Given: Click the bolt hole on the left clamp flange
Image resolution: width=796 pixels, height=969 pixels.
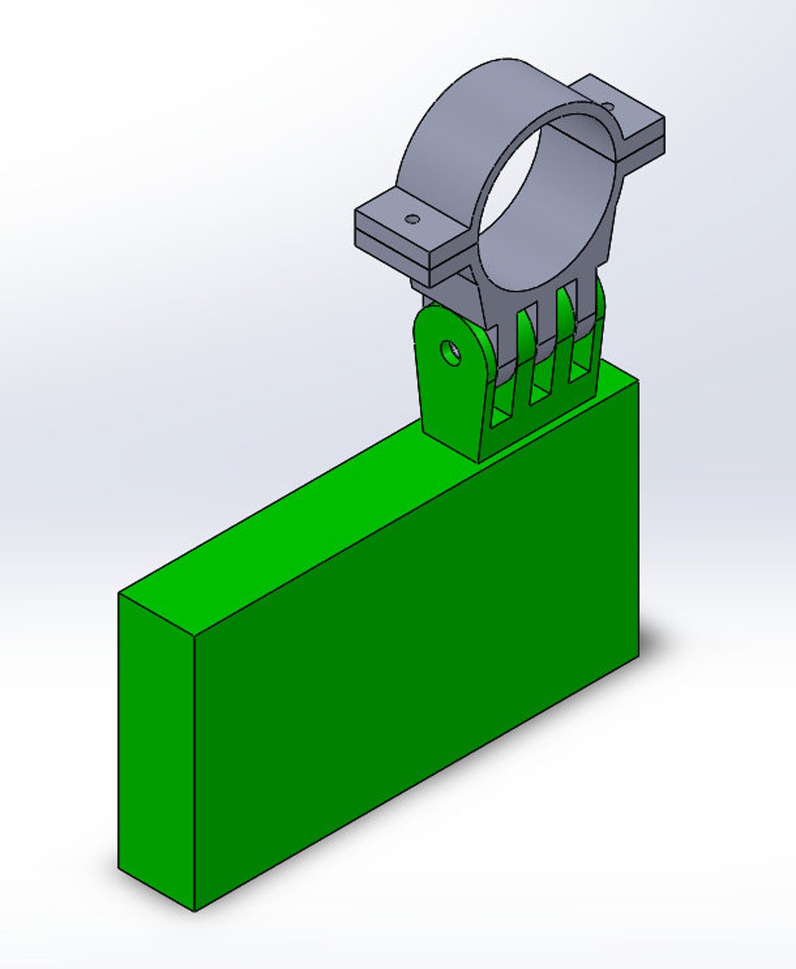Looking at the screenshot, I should pos(413,219).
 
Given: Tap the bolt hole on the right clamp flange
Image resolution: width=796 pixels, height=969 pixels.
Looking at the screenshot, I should pos(608,107).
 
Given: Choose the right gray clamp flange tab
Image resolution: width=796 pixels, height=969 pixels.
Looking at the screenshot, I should pos(628,112).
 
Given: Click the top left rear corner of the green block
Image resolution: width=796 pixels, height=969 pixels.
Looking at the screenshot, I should pos(119,594).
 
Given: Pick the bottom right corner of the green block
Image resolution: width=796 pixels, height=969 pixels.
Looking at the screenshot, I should pos(638,656).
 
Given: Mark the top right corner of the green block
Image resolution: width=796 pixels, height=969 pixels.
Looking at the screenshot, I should pos(638,382).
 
